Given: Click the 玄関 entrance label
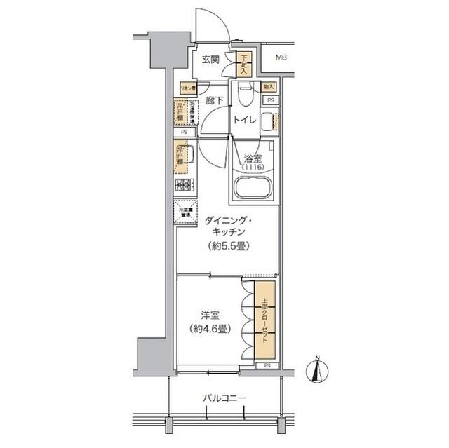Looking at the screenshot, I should tap(210, 60).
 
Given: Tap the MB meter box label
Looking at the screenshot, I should tap(281, 58).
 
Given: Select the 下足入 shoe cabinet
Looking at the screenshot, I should tap(243, 65).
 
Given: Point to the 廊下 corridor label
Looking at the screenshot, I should tap(215, 101).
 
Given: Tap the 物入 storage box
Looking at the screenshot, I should tap(269, 86).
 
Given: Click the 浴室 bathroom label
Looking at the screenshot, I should tap(253, 159).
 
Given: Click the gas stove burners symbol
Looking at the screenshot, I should tap(185, 185).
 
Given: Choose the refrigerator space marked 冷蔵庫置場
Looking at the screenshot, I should tap(185, 211).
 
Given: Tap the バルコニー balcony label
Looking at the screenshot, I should tap(224, 398).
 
